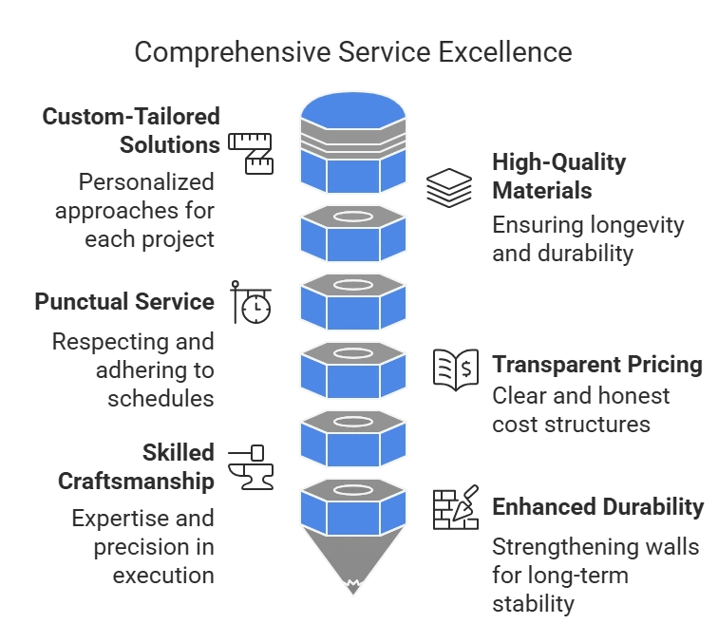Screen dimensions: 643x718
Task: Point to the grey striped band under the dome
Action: [x=353, y=142]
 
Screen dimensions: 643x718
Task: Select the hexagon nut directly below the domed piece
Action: [x=353, y=234]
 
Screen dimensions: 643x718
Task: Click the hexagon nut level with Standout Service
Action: [x=353, y=302]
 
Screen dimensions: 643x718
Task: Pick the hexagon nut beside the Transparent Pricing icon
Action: [x=353, y=369]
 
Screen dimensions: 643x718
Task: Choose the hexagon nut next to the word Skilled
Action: [x=353, y=436]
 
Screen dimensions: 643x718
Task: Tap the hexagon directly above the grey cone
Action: [x=353, y=505]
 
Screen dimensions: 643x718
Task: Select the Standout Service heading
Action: [x=124, y=302]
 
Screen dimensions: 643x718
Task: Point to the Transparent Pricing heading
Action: [x=595, y=365]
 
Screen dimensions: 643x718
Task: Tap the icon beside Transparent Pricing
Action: [x=455, y=367]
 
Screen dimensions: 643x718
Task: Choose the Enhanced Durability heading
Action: [x=596, y=509]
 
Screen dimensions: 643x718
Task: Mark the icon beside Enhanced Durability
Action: [x=455, y=507]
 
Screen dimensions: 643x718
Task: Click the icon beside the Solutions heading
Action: [x=252, y=150]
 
